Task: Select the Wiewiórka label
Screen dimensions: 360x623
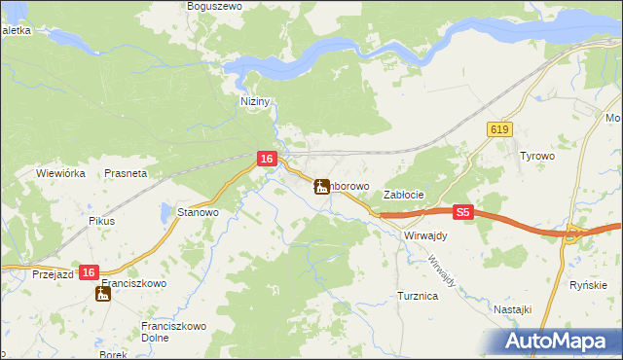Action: [x=62, y=173]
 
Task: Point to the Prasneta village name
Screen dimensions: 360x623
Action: [x=126, y=173]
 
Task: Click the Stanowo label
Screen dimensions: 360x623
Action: [x=198, y=211]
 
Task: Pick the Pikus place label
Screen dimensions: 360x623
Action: [x=101, y=221]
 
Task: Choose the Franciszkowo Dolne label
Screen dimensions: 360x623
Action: [x=168, y=332]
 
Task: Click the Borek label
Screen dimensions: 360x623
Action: [x=113, y=355]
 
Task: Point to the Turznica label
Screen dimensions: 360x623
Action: [x=417, y=295]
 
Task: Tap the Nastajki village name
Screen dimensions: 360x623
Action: [x=512, y=308]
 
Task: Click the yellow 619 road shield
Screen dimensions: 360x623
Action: [x=499, y=129]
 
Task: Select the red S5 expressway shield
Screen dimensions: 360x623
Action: [x=463, y=211]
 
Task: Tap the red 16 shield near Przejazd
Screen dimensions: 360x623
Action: [x=89, y=273]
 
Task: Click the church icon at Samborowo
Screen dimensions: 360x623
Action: [x=321, y=186]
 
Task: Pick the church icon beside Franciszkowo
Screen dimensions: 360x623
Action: [x=104, y=293]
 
